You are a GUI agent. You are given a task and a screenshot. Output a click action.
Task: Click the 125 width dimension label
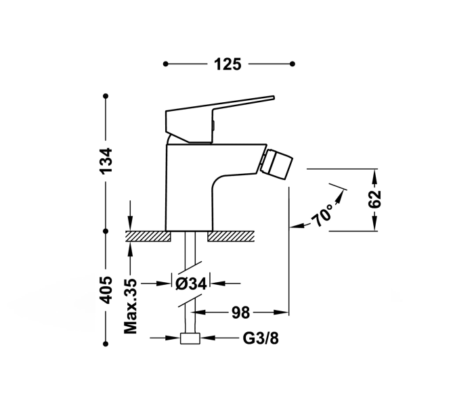228,64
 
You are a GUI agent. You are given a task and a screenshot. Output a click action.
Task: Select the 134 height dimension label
106,162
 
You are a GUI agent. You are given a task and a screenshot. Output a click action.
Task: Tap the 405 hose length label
106,288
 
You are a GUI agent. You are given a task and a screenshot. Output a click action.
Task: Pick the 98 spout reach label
241,313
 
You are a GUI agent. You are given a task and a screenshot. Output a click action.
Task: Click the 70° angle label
323,215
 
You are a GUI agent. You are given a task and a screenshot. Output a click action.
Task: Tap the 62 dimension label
376,199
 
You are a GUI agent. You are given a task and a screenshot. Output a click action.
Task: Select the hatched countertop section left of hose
147,236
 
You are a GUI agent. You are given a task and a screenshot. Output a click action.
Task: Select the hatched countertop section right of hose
230,236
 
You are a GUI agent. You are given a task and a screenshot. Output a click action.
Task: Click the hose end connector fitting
190,339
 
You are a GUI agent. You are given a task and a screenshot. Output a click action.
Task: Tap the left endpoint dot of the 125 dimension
165,64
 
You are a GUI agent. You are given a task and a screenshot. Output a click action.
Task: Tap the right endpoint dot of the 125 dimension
293,64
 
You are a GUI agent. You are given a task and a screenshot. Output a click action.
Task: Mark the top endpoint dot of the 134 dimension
106,96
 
